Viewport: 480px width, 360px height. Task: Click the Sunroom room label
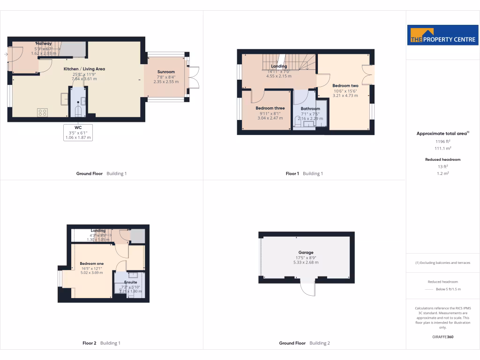166,72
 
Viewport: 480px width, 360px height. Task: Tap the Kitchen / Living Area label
84,69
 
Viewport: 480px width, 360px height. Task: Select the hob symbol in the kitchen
42,112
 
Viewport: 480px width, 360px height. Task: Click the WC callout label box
78,133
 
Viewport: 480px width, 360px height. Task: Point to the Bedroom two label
345,86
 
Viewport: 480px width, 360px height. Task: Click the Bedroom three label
270,108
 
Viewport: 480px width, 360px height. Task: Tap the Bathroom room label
310,109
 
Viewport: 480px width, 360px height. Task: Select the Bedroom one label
91,263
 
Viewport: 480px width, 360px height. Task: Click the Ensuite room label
131,282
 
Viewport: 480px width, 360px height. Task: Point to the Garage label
306,253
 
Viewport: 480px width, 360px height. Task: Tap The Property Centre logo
443,35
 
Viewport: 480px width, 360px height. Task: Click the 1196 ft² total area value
443,141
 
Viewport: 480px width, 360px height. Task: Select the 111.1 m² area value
443,148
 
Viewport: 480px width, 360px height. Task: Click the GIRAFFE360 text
443,337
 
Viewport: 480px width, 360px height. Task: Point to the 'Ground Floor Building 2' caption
304,343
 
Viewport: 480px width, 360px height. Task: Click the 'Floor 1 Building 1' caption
304,173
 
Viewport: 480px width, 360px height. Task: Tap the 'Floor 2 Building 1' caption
101,343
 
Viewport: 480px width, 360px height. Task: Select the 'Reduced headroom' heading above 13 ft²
443,159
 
